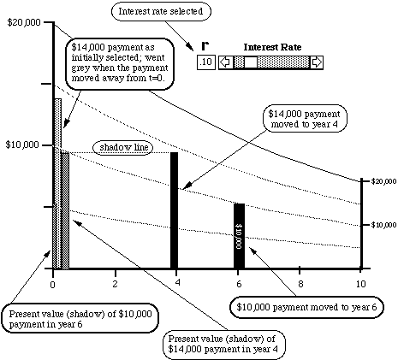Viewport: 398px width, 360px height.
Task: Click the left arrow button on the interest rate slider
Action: [x=226, y=62]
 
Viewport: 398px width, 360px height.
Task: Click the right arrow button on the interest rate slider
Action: [x=316, y=62]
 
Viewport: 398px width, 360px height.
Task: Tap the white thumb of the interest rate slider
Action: [x=251, y=62]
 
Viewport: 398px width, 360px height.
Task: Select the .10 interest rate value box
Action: [x=206, y=62]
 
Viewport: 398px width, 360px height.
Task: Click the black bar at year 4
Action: [x=174, y=210]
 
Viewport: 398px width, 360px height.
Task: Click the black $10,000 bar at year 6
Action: [x=239, y=236]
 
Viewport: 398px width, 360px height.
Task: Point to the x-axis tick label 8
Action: [x=300, y=284]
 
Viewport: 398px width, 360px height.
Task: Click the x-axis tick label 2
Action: [x=115, y=284]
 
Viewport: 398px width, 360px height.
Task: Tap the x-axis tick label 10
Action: [x=360, y=284]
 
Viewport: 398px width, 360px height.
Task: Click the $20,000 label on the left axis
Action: [x=24, y=22]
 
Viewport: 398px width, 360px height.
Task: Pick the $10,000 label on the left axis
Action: [x=22, y=145]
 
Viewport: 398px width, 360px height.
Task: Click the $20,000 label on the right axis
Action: [x=383, y=181]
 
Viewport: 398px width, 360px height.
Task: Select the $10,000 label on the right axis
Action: [x=383, y=225]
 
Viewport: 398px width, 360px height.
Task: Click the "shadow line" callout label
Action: [x=123, y=147]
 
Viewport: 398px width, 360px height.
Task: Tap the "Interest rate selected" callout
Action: [x=161, y=12]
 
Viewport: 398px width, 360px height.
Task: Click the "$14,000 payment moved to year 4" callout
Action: [x=305, y=119]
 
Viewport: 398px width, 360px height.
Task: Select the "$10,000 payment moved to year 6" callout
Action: [x=306, y=307]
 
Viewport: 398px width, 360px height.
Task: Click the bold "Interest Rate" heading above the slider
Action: [x=272, y=47]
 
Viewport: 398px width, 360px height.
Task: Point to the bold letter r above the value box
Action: [x=205, y=45]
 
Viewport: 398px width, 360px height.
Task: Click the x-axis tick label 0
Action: [x=52, y=285]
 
